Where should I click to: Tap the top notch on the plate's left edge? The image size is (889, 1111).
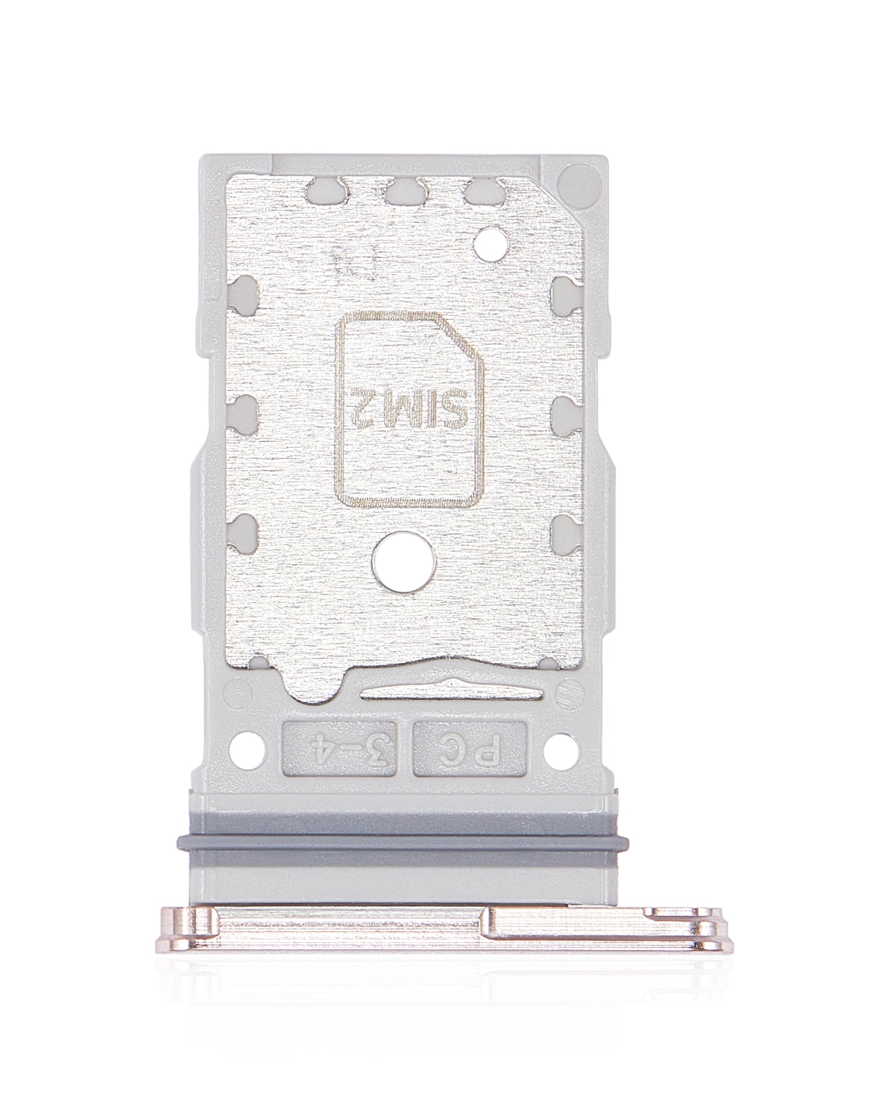click(x=242, y=294)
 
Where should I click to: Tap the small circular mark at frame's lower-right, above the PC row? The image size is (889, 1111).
click(x=569, y=690)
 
